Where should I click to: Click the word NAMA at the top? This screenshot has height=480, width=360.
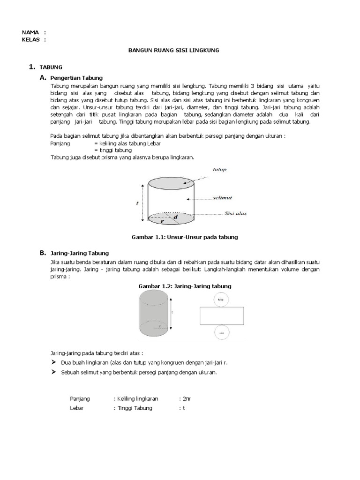(30, 32)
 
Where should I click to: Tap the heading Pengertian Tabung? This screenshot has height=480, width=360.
(77, 77)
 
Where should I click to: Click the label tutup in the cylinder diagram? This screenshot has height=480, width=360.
(219, 170)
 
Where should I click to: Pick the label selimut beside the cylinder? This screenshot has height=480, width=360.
(222, 198)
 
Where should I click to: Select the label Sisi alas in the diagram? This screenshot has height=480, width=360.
(235, 214)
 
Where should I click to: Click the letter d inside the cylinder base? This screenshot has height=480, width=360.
(175, 217)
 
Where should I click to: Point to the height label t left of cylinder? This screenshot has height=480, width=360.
(137, 203)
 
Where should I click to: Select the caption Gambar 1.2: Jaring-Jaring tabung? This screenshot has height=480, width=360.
(185, 286)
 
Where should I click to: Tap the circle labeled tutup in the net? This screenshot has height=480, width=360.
(221, 299)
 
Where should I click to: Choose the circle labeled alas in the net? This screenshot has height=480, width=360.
(221, 332)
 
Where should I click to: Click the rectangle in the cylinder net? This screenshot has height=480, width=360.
(221, 315)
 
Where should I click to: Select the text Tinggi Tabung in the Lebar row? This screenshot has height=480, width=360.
(135, 408)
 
